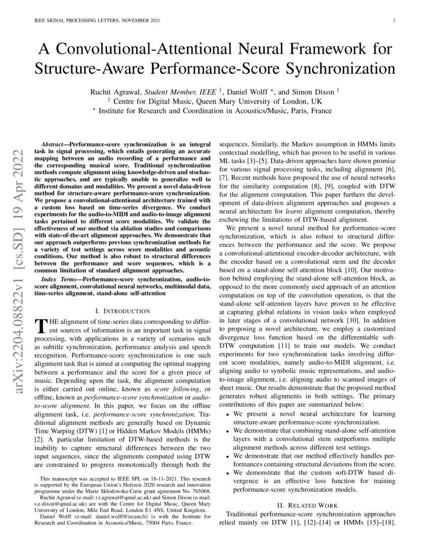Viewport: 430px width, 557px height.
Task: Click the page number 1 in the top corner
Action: (393, 21)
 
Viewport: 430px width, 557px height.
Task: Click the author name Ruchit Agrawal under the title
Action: (114, 93)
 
